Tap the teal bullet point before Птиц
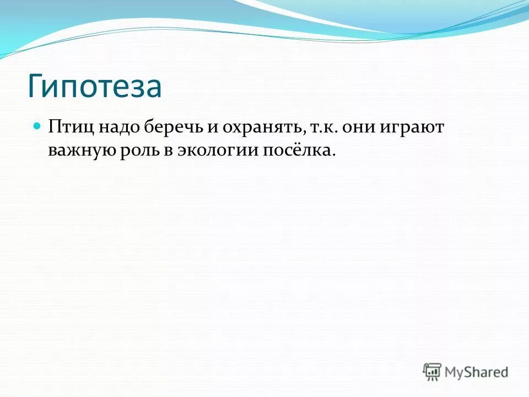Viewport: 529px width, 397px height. click(37, 126)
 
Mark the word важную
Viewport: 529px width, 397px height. click(79, 151)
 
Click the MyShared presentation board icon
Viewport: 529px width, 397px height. click(433, 371)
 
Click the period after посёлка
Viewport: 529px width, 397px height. click(333, 155)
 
